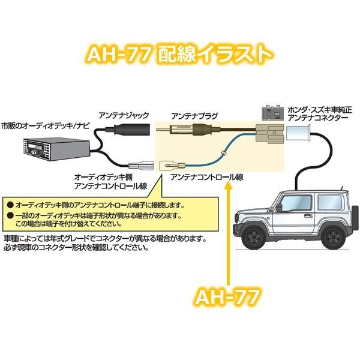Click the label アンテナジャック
[124, 115]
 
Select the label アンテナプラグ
[194, 116]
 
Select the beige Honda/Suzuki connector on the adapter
[270, 134]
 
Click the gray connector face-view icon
[272, 113]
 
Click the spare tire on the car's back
[355, 215]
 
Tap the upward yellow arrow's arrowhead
[228, 185]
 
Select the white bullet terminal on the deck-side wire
[141, 166]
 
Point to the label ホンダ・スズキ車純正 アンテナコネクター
[320, 114]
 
